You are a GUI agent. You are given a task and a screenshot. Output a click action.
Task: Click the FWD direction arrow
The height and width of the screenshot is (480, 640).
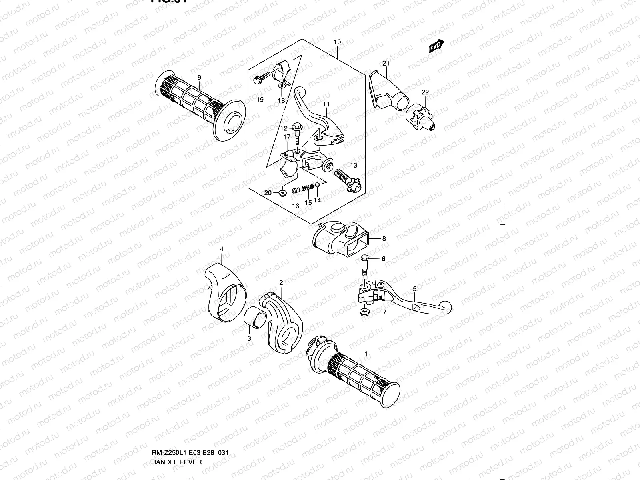click(x=435, y=46)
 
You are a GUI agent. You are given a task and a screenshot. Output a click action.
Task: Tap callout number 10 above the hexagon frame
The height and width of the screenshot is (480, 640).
click(x=337, y=42)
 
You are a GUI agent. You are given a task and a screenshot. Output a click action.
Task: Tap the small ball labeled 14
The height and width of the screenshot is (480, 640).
click(x=316, y=184)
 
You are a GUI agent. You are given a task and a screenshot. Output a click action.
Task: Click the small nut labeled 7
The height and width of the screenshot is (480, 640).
click(x=365, y=312)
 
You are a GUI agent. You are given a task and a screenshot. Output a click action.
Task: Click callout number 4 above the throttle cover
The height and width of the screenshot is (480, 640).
click(x=222, y=249)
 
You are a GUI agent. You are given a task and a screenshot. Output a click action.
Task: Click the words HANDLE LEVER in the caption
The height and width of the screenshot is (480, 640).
click(x=176, y=462)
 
